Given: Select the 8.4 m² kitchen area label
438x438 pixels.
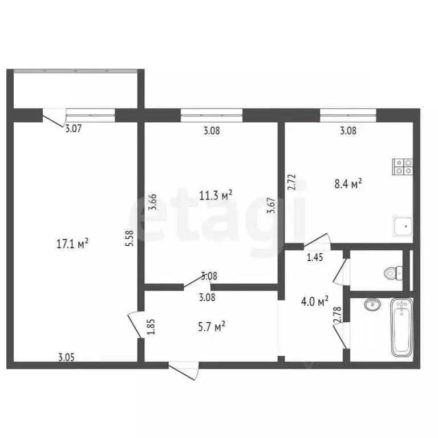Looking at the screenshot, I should tap(348, 184).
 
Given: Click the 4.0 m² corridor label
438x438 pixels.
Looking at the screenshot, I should tap(314, 301).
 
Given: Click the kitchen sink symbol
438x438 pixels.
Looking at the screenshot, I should tap(403, 227).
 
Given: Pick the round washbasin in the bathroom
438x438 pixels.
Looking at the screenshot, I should tap(372, 303).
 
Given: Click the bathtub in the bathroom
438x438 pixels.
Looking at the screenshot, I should tap(402, 328).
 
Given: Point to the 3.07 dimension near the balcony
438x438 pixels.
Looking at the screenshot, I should tap(73, 129).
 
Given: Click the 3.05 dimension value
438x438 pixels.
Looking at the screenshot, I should tap(67, 358).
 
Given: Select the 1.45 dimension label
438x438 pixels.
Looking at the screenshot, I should tap(315, 258).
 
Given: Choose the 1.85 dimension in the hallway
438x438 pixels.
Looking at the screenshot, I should tap(151, 330).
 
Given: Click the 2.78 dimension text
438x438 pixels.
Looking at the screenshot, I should tap(336, 317).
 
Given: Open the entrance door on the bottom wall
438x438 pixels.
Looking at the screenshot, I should tap(185, 370).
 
